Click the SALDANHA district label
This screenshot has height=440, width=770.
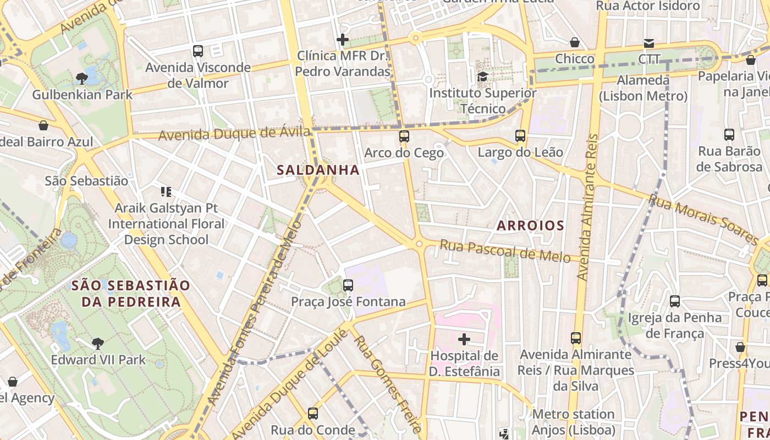318,170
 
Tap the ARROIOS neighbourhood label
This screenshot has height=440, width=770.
530,225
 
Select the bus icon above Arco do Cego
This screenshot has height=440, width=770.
404,136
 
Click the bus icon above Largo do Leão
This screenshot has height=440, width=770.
520,135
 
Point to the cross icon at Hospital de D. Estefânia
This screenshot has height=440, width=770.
464,339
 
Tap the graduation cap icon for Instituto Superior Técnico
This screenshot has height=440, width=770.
482,76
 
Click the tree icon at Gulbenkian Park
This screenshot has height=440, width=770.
82,78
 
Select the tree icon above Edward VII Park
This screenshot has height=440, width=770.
98,344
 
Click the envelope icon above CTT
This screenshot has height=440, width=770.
649,43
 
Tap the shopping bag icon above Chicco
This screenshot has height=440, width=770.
575,42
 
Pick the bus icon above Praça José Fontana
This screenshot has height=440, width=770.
348,285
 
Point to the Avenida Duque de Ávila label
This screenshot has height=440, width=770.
234,133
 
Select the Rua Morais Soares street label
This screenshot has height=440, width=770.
704,219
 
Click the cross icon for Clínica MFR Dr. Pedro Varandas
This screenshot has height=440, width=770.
343,40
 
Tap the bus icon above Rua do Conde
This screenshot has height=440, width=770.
313,413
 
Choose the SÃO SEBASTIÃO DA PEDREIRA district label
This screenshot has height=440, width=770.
131,293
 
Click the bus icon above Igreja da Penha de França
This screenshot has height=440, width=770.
675,301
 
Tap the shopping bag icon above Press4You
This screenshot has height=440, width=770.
740,347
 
